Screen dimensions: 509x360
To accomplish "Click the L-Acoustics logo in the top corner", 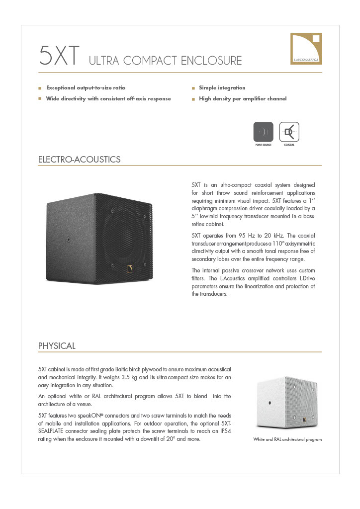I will pos(306,48).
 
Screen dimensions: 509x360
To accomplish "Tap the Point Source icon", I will pos(264,132).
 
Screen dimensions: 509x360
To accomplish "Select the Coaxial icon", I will pos(289,132).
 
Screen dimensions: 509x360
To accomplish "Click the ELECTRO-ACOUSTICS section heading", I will pos(80,160).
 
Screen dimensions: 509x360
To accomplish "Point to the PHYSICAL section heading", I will pos(57,346).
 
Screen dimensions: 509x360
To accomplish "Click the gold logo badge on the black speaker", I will pos(129,270).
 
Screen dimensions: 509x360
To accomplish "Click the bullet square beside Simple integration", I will pos(193,88).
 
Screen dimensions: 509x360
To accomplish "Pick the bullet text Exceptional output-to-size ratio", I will pos(86,88).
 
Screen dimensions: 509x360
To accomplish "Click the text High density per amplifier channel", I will pos(243,99).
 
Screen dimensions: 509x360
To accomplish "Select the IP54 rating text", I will pos(223,430).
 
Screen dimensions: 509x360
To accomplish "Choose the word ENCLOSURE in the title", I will pos(211,61).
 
